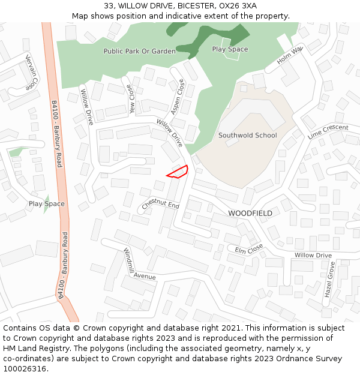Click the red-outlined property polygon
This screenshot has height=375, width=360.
(x=178, y=172)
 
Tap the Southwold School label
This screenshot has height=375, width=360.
(x=247, y=135)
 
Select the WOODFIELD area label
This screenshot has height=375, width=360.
(x=250, y=214)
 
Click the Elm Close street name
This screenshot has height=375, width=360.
(x=249, y=249)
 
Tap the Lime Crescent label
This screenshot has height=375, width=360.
(x=328, y=131)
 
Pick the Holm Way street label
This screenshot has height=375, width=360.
(x=290, y=56)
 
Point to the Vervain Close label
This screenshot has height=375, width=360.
(x=32, y=72)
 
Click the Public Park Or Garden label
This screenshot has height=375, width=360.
(x=139, y=52)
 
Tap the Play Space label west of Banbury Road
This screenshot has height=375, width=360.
(x=46, y=204)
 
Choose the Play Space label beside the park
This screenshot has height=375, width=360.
(x=230, y=49)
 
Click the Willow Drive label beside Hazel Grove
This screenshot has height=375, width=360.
(x=313, y=256)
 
